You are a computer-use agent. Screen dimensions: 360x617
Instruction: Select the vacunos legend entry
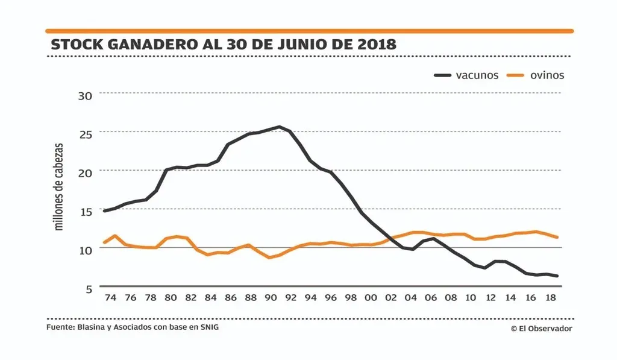tap(467, 75)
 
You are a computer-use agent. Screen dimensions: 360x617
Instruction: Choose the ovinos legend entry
tap(536, 75)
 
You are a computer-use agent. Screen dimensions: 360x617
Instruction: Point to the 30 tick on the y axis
tap(86, 95)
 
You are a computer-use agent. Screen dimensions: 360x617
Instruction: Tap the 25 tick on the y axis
tap(86, 134)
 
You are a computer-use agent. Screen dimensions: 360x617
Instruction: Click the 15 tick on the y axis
tap(86, 211)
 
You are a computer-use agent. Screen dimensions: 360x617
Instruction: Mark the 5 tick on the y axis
tap(89, 289)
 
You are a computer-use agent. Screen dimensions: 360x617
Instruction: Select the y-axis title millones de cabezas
tap(58, 187)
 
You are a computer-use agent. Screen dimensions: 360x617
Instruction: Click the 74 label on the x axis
tap(110, 298)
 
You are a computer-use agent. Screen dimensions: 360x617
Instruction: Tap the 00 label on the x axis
tap(371, 298)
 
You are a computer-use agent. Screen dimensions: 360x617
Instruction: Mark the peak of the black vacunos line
tap(279, 127)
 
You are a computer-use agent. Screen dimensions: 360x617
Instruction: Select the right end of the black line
tap(557, 276)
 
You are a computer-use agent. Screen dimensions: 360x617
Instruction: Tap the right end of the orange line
tap(557, 237)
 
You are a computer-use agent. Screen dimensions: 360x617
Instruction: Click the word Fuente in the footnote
tap(59, 328)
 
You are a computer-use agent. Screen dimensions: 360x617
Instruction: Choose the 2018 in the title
tap(375, 45)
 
